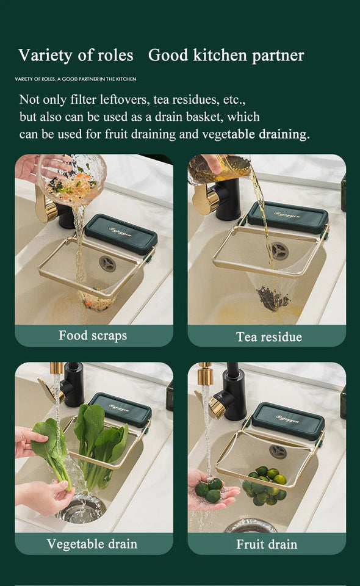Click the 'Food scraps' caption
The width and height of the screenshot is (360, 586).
pos(93,335)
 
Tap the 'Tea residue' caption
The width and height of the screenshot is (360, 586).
pos(268,336)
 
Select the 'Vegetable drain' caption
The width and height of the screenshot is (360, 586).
pos(92,544)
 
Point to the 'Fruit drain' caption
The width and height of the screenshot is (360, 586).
pos(267,544)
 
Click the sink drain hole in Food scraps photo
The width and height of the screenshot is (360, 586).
pos(107,264)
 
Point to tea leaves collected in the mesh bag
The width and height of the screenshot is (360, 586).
pos(273,298)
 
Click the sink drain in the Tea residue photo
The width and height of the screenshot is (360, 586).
pos(280,251)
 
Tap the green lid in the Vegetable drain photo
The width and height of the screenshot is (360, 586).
pos(120,408)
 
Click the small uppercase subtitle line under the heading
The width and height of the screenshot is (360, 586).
pos(75,79)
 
